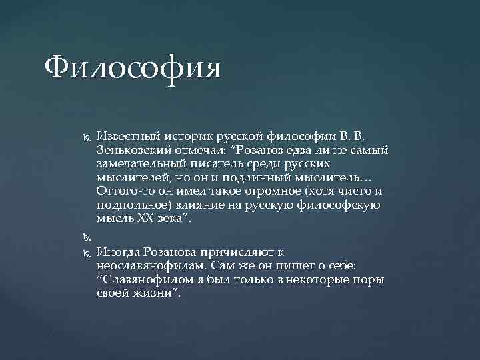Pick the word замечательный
[x=139, y=165]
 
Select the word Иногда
[x=117, y=252]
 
